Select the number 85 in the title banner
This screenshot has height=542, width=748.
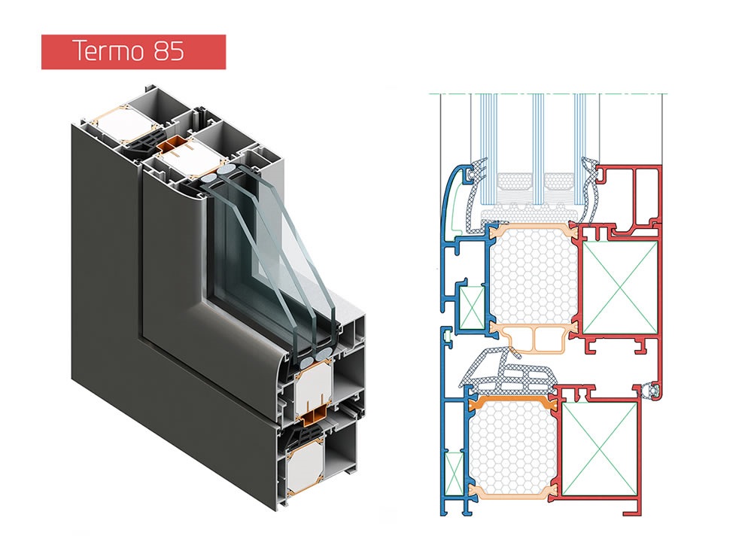(x=167, y=51)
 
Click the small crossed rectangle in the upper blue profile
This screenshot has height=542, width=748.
(x=471, y=307)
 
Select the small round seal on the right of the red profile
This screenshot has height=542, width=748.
(x=652, y=391)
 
